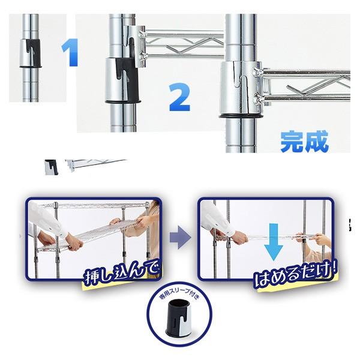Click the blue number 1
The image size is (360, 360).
click(70, 52)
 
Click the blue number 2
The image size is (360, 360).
click(180, 97)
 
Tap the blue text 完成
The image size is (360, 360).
click(304, 142)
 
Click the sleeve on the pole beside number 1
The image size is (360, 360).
click(30, 54)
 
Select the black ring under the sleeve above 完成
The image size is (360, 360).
click(241, 116)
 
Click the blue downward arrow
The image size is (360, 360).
click(273, 242)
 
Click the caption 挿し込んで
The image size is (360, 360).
click(121, 274)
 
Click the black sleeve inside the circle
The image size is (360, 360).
click(179, 317)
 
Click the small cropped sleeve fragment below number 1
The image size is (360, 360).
click(51, 167)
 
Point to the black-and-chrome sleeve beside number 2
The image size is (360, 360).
click(122, 80)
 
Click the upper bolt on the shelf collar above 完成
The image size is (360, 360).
click(258, 71)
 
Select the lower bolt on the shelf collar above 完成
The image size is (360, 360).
click(259, 98)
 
